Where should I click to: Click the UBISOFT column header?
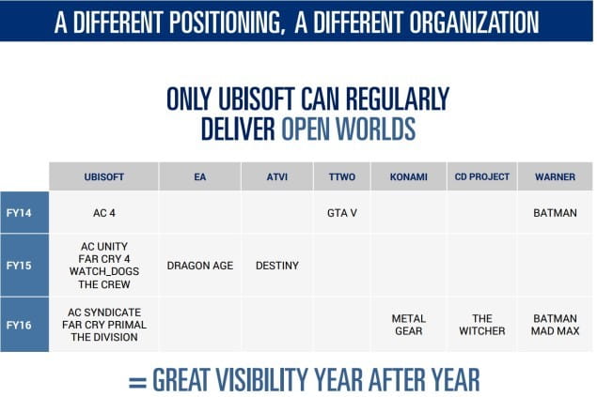104,176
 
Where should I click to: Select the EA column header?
200,176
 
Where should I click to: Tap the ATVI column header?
277,176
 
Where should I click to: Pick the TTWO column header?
342,176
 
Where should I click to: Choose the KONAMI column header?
409,176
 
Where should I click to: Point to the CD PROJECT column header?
482,176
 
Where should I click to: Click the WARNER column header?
555,176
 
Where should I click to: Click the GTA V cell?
342,213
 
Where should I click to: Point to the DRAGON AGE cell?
200,266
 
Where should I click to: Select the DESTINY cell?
277,266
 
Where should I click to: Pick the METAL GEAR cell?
409,325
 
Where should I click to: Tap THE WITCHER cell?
482,325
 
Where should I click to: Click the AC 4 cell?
104,213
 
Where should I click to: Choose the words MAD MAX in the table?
555,331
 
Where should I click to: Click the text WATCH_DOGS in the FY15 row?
104,271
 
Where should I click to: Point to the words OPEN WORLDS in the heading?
348,129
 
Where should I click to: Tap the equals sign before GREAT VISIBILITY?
137,382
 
